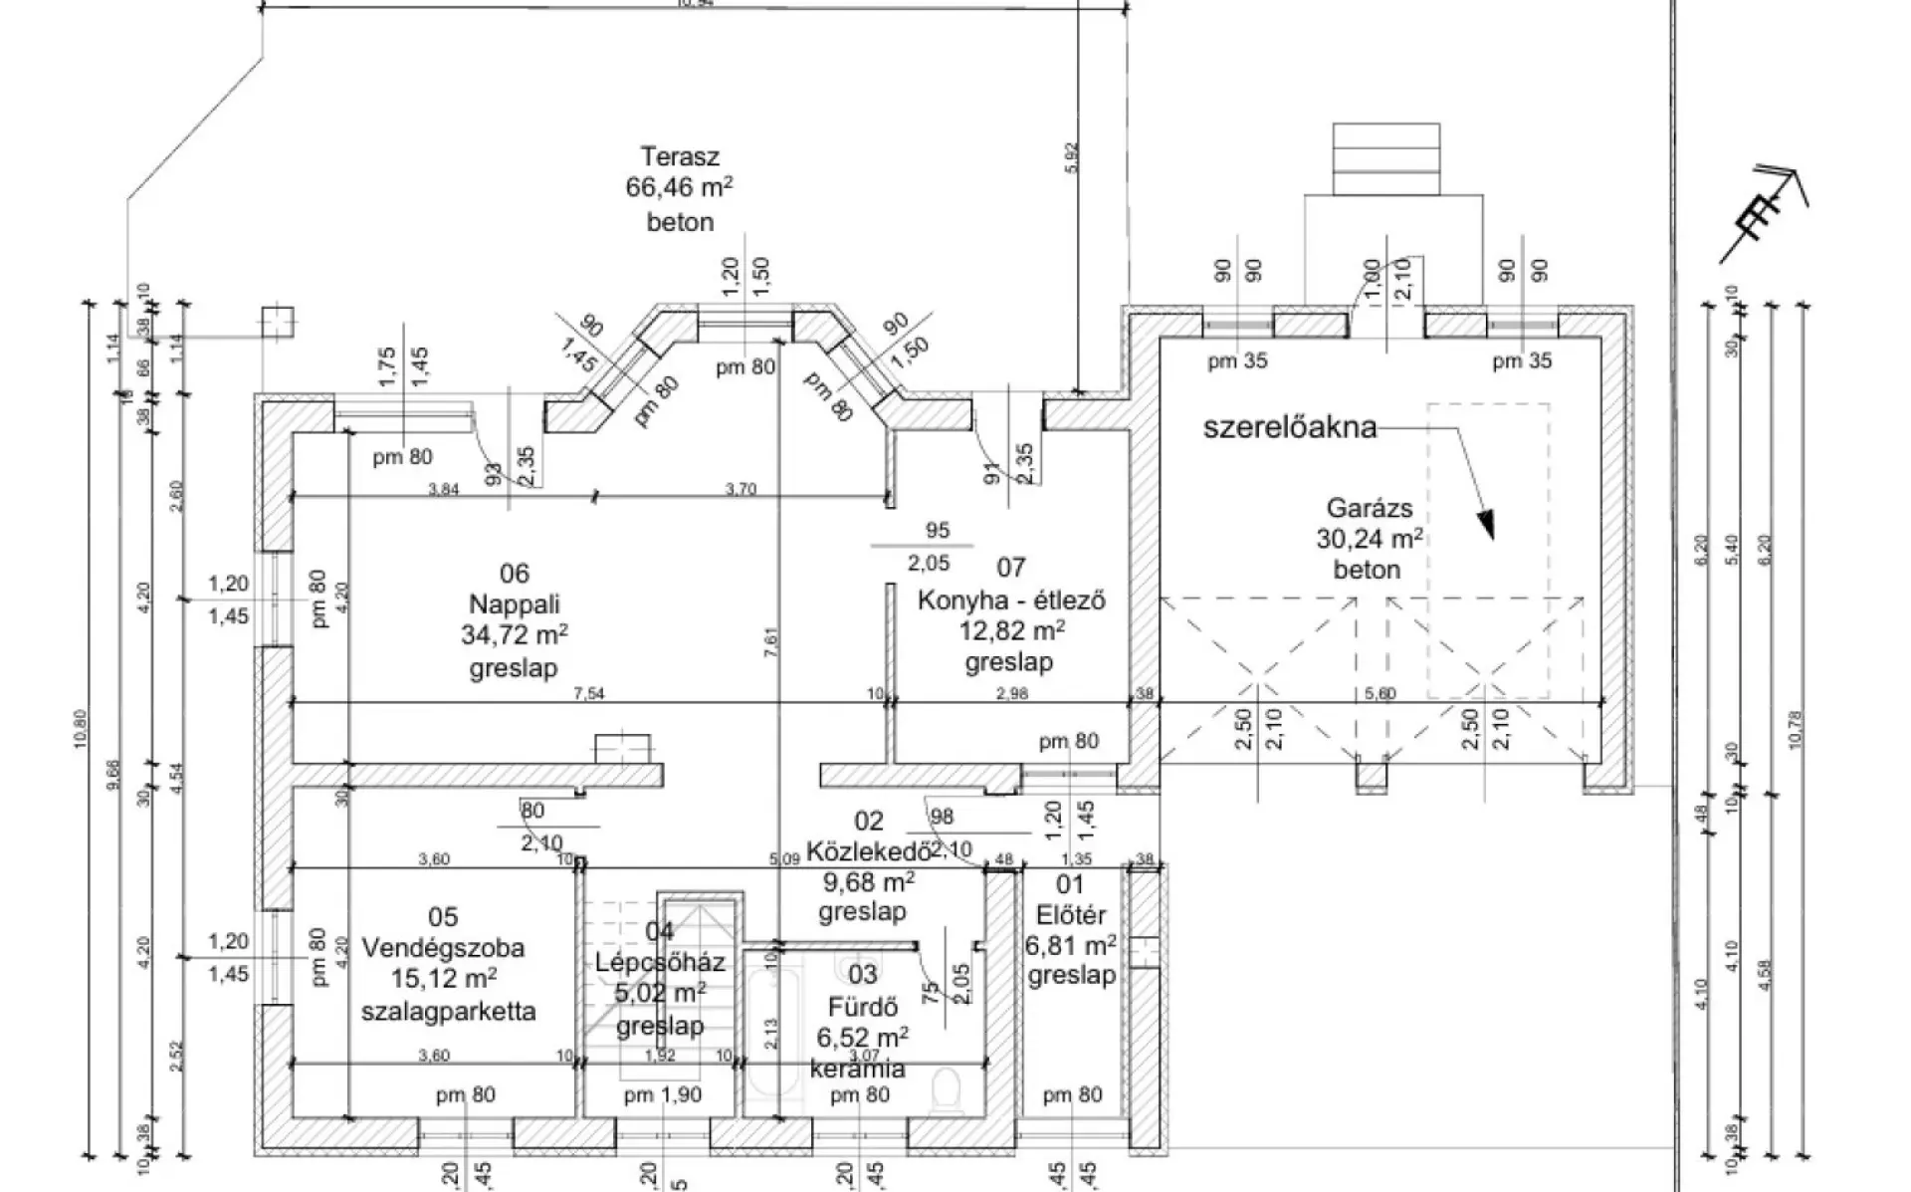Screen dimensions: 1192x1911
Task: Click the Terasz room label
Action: click(680, 157)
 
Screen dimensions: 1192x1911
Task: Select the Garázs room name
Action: click(1368, 508)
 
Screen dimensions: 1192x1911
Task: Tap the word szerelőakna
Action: click(1290, 428)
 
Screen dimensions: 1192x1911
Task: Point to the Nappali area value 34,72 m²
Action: click(514, 635)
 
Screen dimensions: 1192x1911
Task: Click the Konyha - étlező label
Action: click(1011, 600)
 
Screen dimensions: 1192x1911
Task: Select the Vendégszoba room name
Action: click(443, 948)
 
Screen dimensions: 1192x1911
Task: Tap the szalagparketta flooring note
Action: click(448, 1012)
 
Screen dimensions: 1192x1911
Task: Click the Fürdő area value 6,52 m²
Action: click(862, 1038)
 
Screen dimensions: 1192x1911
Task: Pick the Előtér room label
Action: click(1070, 914)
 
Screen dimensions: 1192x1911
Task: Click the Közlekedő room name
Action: click(868, 852)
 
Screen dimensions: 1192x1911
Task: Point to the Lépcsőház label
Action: click(660, 963)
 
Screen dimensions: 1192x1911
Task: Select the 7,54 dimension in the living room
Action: click(589, 693)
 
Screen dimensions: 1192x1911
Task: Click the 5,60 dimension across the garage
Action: click(1380, 693)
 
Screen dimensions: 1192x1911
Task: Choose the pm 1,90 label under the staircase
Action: click(663, 1096)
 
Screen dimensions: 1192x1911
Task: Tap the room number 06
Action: click(514, 574)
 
